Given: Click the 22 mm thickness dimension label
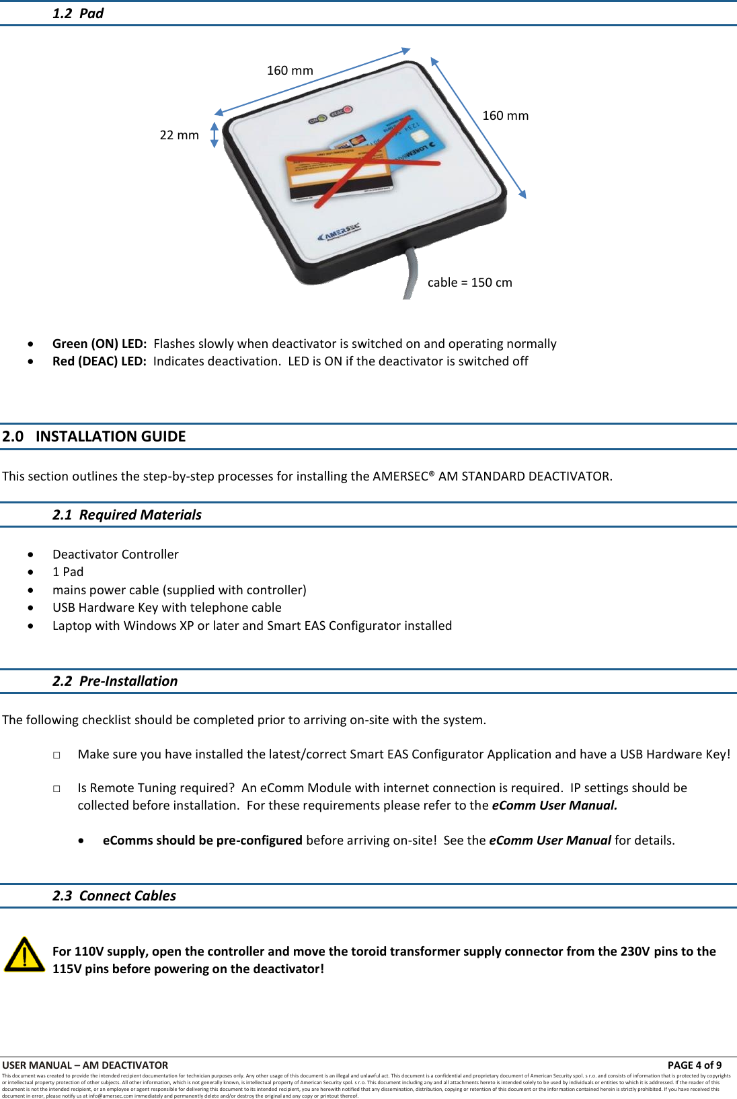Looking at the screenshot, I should click(x=179, y=135).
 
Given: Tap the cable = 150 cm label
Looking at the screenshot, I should click(x=469, y=283).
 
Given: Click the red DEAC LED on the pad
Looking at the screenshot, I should click(x=348, y=110).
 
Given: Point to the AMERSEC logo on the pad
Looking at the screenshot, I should click(x=339, y=233).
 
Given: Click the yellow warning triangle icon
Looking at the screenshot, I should click(x=24, y=954).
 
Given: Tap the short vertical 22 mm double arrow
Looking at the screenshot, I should click(x=215, y=135).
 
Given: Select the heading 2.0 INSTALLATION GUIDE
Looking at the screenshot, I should click(x=94, y=436).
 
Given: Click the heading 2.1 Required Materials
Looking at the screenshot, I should click(x=126, y=515).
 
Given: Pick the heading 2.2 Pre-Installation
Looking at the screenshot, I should click(x=115, y=681).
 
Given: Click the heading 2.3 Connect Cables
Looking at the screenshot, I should click(x=114, y=896).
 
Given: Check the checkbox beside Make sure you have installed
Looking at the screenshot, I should click(x=57, y=755).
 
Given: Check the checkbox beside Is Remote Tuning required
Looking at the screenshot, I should click(x=57, y=789).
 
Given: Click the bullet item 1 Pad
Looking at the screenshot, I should click(x=68, y=572).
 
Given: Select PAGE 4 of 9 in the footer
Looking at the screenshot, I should click(x=694, y=1065).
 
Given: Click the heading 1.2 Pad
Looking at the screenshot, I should click(x=78, y=13).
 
